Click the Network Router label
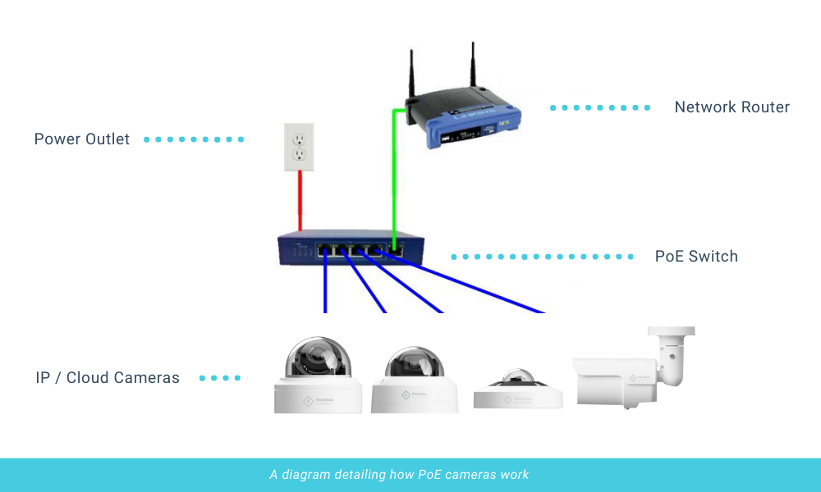(x=732, y=107)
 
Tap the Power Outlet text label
(x=82, y=139)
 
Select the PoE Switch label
(x=696, y=257)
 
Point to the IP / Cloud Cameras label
(x=108, y=378)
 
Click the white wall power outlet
(x=300, y=148)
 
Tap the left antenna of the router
(x=411, y=78)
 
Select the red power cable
(x=300, y=201)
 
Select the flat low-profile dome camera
(x=518, y=389)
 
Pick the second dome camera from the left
(x=415, y=379)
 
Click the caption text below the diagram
(x=399, y=475)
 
